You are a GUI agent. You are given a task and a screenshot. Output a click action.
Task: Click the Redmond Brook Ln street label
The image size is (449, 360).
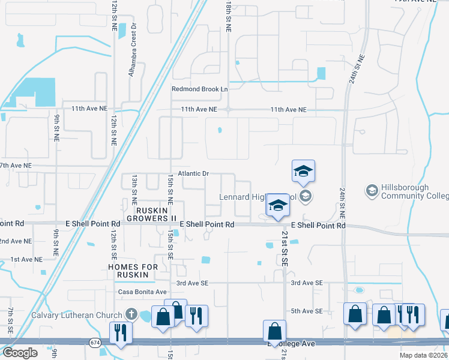[200, 89]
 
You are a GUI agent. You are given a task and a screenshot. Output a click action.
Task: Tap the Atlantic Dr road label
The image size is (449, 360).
[193, 173]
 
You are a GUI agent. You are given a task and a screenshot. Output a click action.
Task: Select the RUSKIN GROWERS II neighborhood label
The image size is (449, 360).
[148, 214]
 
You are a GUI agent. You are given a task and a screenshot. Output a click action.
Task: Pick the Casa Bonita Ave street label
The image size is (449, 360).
[142, 292]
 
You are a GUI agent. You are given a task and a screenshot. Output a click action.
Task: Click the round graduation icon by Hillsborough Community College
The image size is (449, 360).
[372, 191]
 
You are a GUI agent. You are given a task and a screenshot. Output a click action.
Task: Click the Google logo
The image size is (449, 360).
[20, 353]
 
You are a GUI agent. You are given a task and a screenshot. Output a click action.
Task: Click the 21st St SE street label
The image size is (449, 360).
[285, 247]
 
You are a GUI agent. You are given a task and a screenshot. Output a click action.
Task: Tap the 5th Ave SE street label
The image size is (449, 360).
[307, 311]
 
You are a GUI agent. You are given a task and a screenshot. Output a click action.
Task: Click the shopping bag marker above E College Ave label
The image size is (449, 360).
[274, 331]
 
